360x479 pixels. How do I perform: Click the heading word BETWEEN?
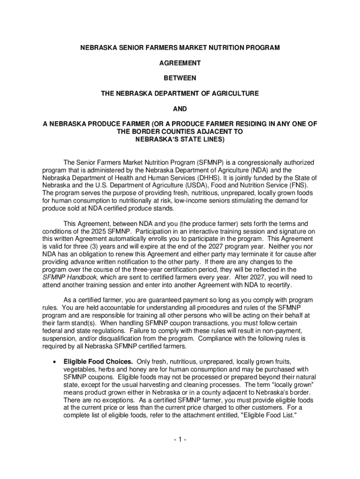180,78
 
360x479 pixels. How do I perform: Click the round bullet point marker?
56,362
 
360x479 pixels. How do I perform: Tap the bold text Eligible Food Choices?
98,362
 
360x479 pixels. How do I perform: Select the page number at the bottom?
180,440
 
